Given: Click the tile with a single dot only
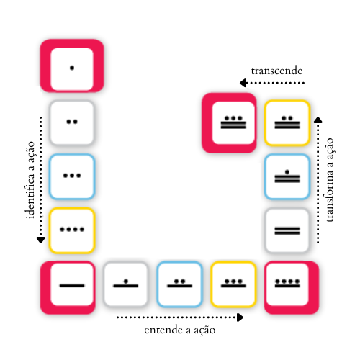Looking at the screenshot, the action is [72, 66].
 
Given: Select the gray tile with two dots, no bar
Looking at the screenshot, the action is [72, 122].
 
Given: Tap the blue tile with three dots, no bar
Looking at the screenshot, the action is [72, 176].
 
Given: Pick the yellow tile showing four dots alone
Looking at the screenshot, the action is [72, 230].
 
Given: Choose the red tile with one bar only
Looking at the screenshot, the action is [68, 287].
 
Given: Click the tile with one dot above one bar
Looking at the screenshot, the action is [126, 284].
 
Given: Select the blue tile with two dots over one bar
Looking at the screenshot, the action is [179, 284].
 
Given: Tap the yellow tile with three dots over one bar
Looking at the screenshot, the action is [233, 284].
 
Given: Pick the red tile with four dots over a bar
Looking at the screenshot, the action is [292, 287].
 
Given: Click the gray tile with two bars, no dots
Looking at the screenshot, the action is [287, 230].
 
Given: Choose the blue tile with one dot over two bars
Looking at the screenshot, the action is [287, 176].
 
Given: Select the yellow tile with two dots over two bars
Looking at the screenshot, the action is [287, 122].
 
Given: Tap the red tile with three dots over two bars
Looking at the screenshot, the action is [229, 122].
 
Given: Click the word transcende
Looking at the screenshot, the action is [276, 71].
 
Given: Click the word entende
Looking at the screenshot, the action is [163, 330].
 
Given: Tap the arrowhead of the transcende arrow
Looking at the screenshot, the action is [243, 83].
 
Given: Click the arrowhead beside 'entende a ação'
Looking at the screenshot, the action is [240, 318].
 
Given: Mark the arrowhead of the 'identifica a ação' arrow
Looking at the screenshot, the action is [41, 240].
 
